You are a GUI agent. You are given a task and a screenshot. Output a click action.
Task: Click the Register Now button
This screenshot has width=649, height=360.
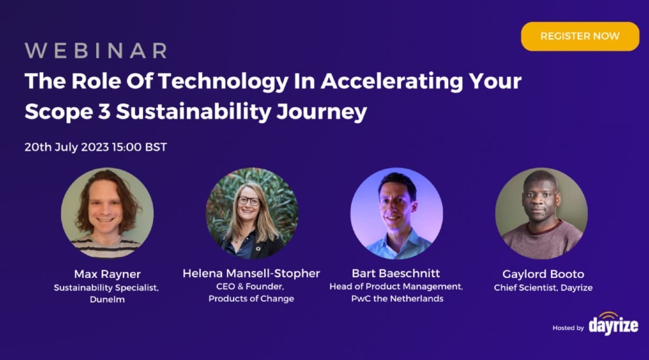click(580, 36)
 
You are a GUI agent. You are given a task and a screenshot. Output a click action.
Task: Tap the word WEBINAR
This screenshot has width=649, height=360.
click(96, 51)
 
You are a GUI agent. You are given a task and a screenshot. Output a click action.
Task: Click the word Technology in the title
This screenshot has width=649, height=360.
click(224, 82)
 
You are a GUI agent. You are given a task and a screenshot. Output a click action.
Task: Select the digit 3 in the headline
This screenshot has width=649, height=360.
click(104, 112)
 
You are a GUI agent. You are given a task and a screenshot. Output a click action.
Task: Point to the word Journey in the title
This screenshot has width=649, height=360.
click(322, 112)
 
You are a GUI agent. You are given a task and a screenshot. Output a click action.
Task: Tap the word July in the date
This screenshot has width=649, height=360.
click(66, 147)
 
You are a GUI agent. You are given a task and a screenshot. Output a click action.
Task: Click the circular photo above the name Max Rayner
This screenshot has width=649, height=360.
click(107, 213)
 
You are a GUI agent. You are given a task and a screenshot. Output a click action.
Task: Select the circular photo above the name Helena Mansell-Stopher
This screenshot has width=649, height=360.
click(252, 213)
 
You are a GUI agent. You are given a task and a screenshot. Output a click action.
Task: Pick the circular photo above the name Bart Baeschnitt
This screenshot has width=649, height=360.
click(397, 213)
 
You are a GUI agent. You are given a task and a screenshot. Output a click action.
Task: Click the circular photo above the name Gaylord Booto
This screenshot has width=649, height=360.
click(541, 213)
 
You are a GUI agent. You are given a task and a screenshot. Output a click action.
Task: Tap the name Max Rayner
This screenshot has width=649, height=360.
click(107, 274)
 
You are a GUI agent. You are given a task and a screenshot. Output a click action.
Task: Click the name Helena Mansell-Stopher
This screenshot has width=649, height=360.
click(251, 273)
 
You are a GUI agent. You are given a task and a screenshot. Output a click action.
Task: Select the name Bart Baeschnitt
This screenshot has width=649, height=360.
click(396, 273)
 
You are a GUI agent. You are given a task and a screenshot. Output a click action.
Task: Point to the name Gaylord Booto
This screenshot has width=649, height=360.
click(543, 274)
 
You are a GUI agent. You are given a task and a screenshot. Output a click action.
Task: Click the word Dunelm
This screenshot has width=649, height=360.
click(107, 299)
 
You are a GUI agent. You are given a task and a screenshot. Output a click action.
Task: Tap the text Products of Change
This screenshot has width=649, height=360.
click(251, 299)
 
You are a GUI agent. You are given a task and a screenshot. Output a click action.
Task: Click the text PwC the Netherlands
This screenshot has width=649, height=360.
click(397, 299)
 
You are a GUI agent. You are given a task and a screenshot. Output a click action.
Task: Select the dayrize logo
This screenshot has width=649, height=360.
click(614, 324)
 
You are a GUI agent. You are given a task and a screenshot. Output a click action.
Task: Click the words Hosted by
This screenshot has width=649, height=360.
click(568, 328)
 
